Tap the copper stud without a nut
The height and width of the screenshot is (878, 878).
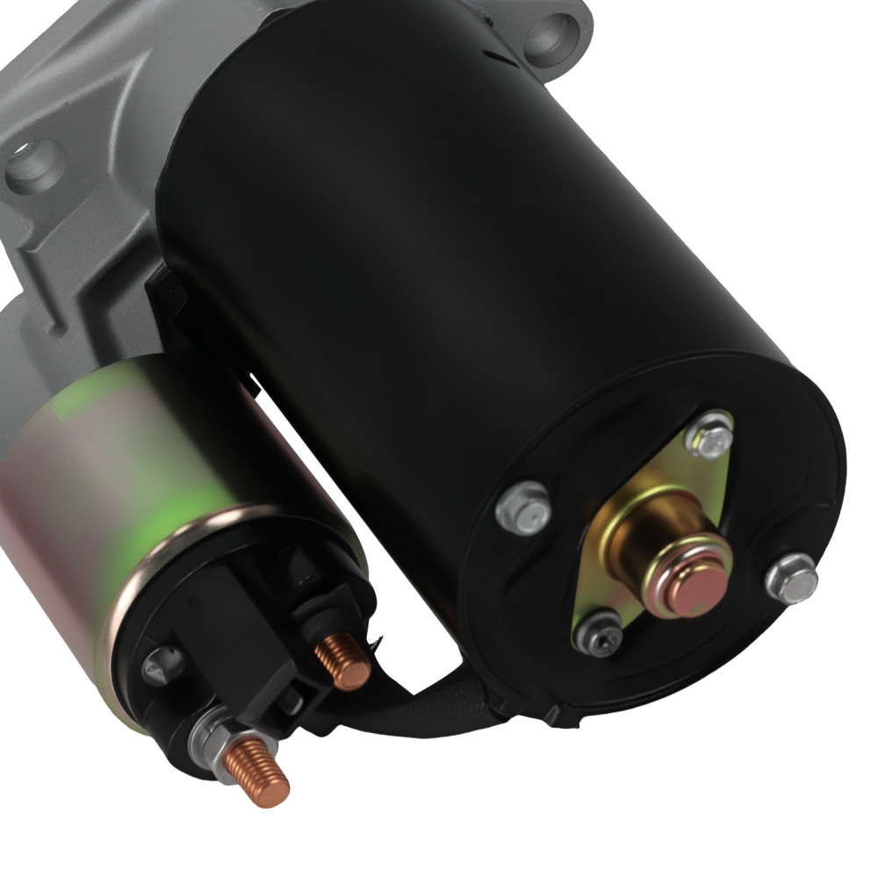tap(343, 660)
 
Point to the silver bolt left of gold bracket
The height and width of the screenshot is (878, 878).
tap(523, 507)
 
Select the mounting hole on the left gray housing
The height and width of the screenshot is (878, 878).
tap(36, 165)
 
